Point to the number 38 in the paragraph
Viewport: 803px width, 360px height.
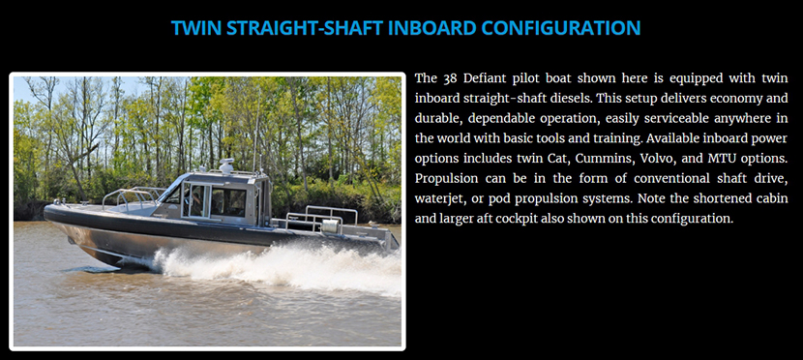[x=449, y=78]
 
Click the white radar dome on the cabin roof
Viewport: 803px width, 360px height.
[x=225, y=165]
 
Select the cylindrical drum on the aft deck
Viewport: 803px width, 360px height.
[x=332, y=225]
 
